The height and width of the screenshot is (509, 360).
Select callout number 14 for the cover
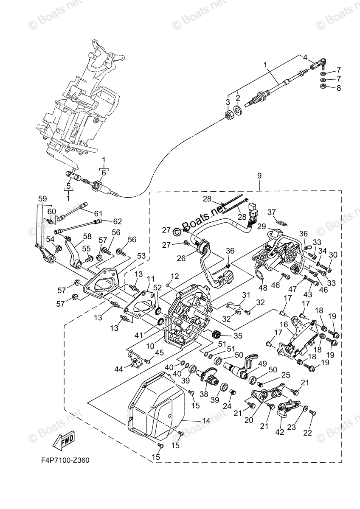click(x=206, y=421)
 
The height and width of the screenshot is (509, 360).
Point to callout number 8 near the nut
click(x=338, y=88)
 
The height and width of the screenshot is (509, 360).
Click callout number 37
click(x=272, y=212)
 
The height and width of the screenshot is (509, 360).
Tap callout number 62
click(x=118, y=221)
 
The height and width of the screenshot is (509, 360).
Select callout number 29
click(x=262, y=226)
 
